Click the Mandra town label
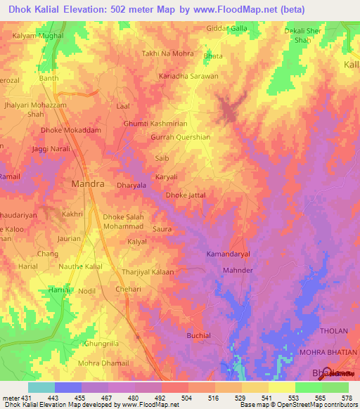click(x=88, y=184)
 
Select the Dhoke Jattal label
click(x=186, y=195)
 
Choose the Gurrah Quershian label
click(x=181, y=138)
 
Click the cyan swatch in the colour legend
click(x=41, y=387)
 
